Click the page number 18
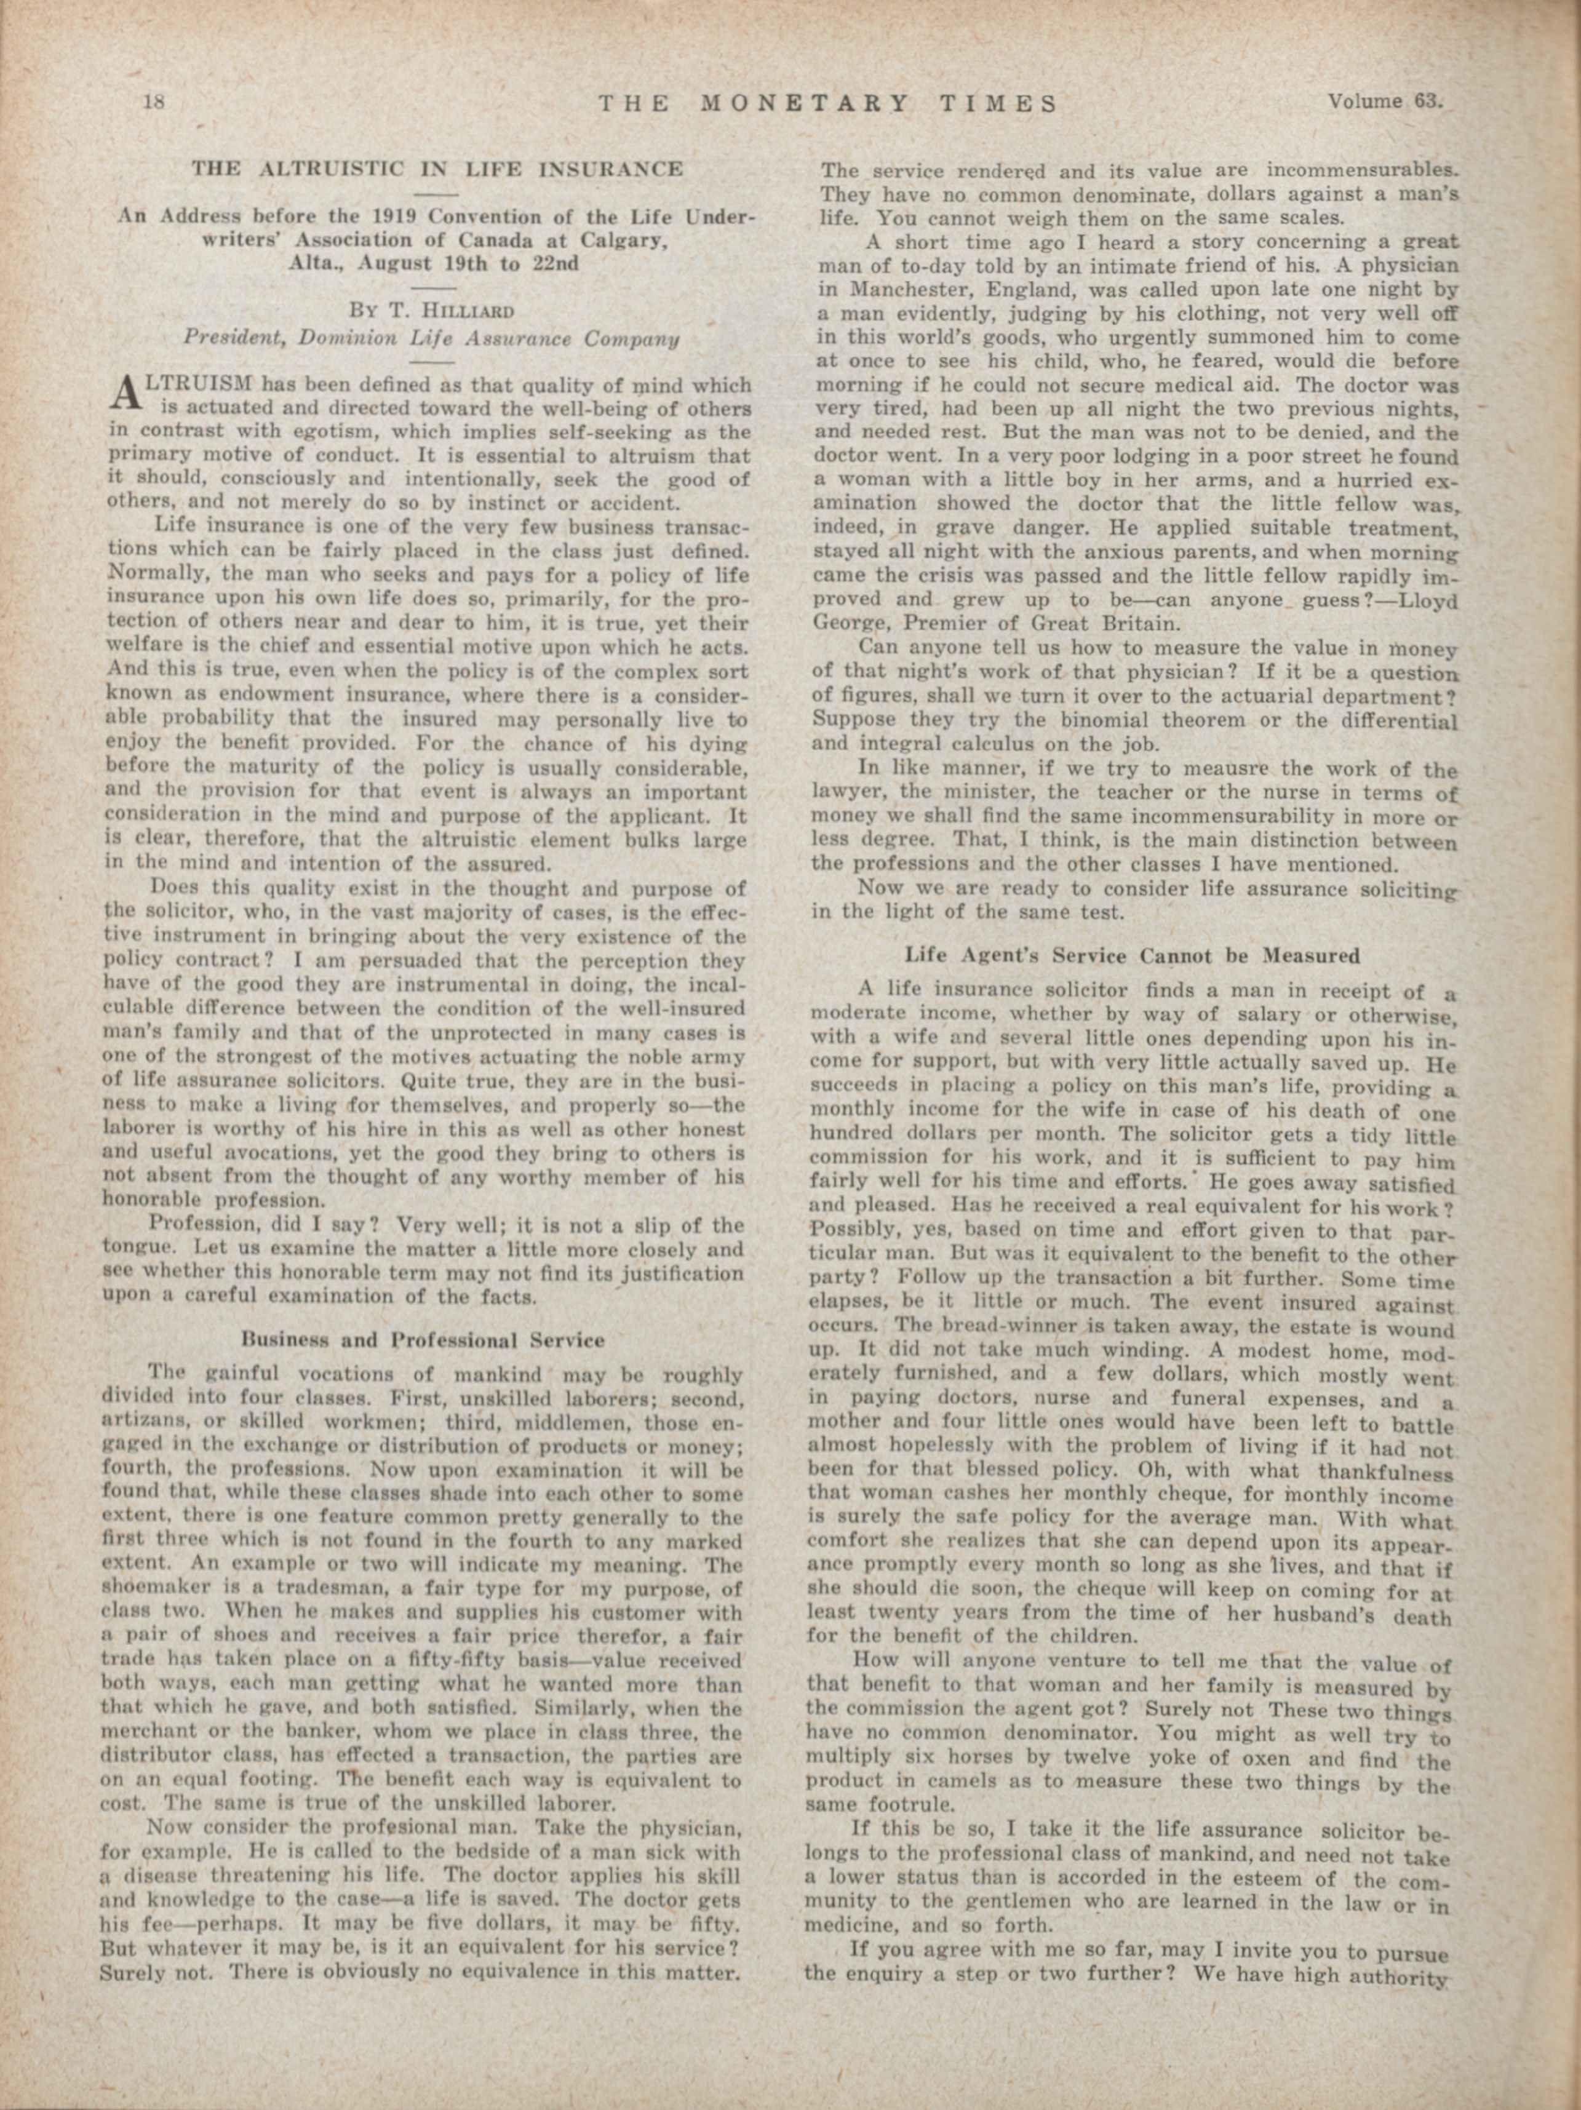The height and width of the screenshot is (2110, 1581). (154, 103)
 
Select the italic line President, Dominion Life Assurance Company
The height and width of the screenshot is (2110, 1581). (431, 338)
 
